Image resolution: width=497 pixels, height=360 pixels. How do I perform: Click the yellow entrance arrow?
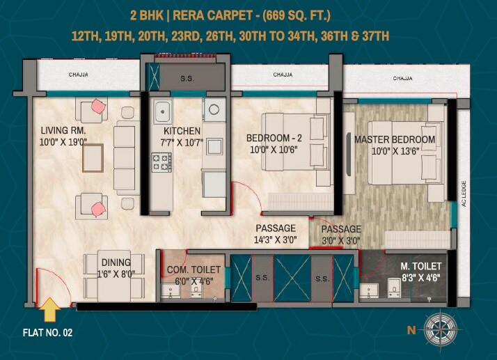click(x=50, y=307)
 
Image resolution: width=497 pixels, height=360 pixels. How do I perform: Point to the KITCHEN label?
click(x=182, y=131)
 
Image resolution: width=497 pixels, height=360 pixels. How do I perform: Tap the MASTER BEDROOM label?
click(x=395, y=140)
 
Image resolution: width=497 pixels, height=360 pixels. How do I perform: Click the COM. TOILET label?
click(x=194, y=269)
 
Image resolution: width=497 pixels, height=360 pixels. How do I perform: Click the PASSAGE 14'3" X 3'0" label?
click(x=275, y=228)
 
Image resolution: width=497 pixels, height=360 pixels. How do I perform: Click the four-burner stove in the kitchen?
click(x=162, y=163)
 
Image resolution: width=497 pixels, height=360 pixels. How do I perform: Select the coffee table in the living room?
click(x=93, y=158)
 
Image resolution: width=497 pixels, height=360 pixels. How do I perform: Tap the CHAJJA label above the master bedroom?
click(x=402, y=79)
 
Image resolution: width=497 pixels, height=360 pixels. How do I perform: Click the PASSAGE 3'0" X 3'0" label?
click(x=341, y=229)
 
